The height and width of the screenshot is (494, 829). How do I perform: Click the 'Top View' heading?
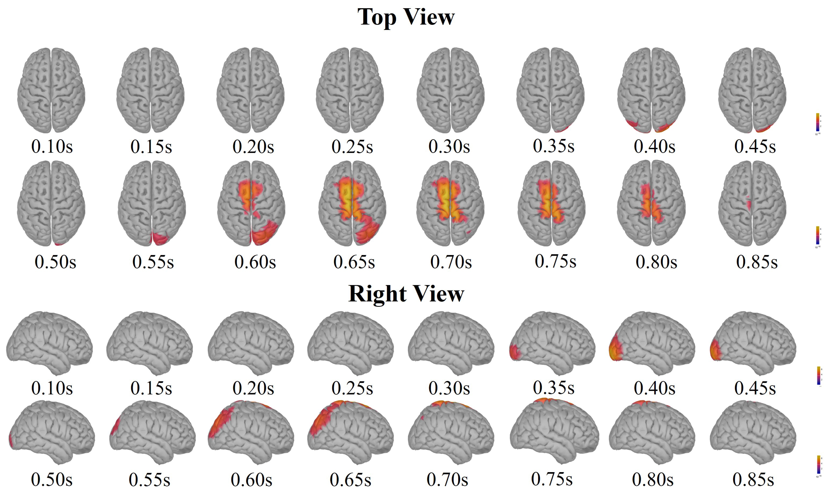coord(406,17)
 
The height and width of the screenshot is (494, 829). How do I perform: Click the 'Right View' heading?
coord(406,294)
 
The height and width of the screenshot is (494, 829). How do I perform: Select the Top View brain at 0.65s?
coord(352,203)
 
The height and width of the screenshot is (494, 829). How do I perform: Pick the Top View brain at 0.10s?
coord(51,90)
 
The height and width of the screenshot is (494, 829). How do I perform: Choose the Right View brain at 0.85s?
coord(753,432)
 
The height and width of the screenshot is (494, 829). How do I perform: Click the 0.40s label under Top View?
coord(654,146)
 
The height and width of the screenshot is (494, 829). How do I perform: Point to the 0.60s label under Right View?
coord(252,480)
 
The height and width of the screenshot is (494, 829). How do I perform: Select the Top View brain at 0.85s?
coord(752,203)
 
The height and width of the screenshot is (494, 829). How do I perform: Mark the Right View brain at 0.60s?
coord(251,432)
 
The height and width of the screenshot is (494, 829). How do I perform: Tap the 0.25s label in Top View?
coord(352,146)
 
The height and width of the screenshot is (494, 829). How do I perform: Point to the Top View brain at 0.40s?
coord(651,90)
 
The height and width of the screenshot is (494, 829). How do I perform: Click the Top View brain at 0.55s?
coord(152,203)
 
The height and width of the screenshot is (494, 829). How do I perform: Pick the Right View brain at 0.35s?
coord(552,343)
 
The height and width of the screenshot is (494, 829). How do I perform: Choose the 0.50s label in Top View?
coord(55,262)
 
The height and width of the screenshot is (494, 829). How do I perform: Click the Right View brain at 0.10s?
coord(49,343)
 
